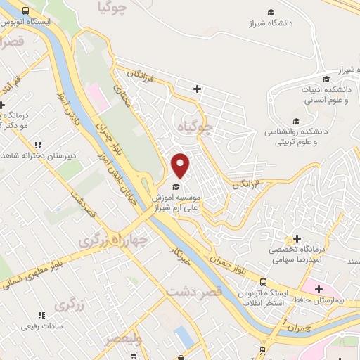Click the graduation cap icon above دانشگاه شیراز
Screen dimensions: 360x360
point(271,11)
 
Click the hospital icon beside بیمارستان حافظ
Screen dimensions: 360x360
point(320,288)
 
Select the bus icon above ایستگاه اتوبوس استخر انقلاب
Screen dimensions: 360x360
point(262,281)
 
